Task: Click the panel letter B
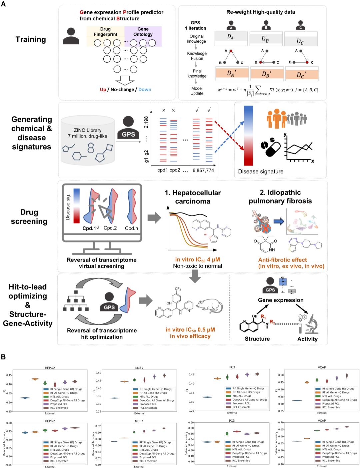(3, 357)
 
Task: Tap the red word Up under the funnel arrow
(103, 90)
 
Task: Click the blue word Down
(145, 90)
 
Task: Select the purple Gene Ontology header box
(143, 32)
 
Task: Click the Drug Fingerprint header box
(105, 32)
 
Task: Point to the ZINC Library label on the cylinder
(88, 130)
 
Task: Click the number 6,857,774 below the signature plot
(203, 170)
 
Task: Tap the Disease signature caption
(261, 172)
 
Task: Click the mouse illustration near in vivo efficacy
(209, 306)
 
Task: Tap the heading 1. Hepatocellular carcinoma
(193, 197)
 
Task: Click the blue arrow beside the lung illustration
(279, 221)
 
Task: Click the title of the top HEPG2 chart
(50, 368)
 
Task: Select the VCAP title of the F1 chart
(322, 367)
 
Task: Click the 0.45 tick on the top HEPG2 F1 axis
(9, 375)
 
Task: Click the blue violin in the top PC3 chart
(207, 397)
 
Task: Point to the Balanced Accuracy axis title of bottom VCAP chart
(276, 444)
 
